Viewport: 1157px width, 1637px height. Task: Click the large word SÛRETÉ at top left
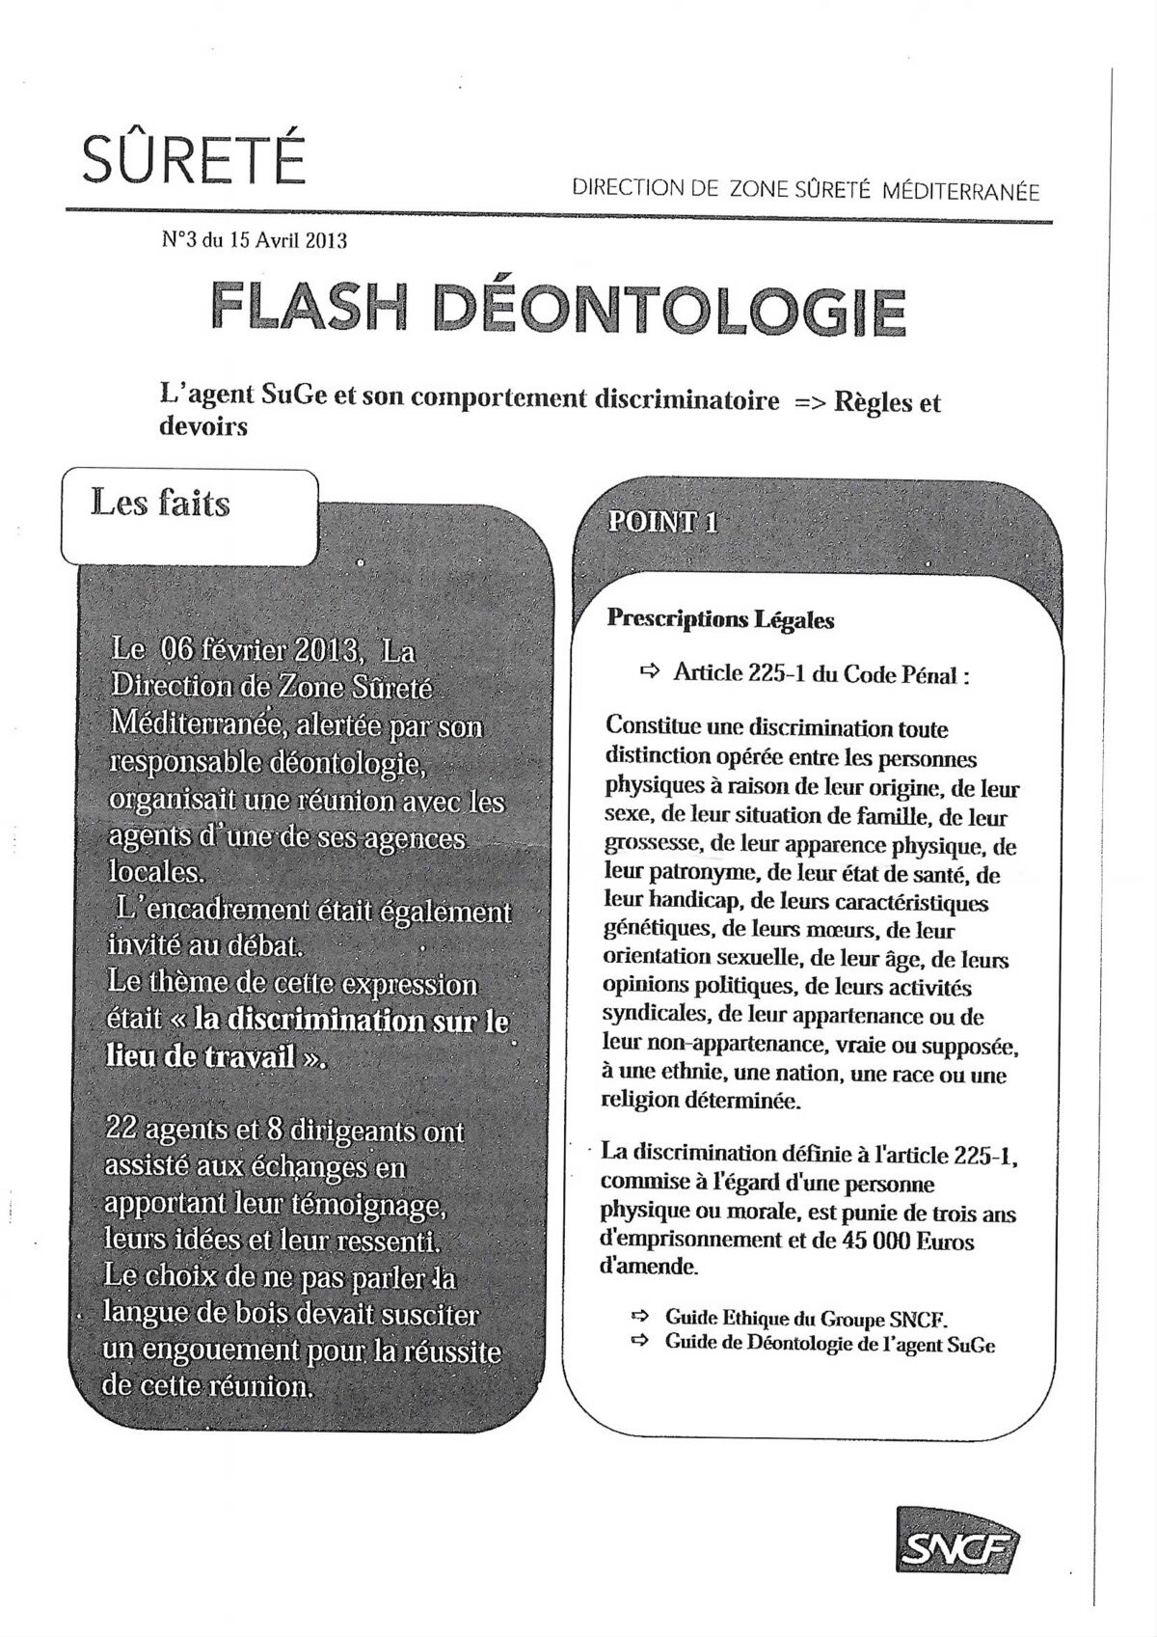point(194,158)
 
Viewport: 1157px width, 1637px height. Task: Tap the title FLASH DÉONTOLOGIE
point(558,309)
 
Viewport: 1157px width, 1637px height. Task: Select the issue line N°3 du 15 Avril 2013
point(255,240)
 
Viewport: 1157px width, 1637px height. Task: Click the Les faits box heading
point(161,504)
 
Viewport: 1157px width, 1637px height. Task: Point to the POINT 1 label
point(662,522)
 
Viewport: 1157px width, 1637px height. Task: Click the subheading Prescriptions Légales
point(720,619)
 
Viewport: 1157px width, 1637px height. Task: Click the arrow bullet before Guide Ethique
point(639,1316)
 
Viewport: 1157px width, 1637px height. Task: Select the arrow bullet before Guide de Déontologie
point(639,1341)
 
